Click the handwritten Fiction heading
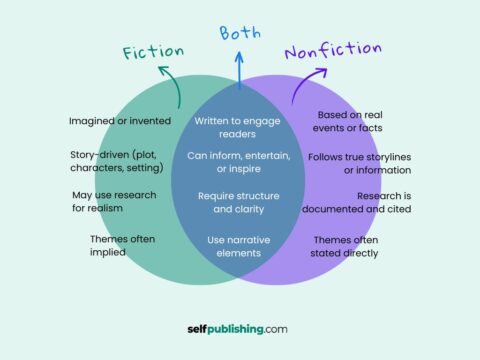pyautogui.click(x=153, y=51)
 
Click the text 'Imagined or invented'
pyautogui.click(x=120, y=121)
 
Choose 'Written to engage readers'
pyautogui.click(x=239, y=126)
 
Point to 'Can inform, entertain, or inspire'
pyautogui.click(x=239, y=162)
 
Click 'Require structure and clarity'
pyautogui.click(x=239, y=202)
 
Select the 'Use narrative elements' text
pyautogui.click(x=239, y=246)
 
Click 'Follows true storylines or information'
pyautogui.click(x=359, y=163)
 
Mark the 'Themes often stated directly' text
pyautogui.click(x=346, y=246)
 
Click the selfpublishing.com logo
pyautogui.click(x=239, y=327)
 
